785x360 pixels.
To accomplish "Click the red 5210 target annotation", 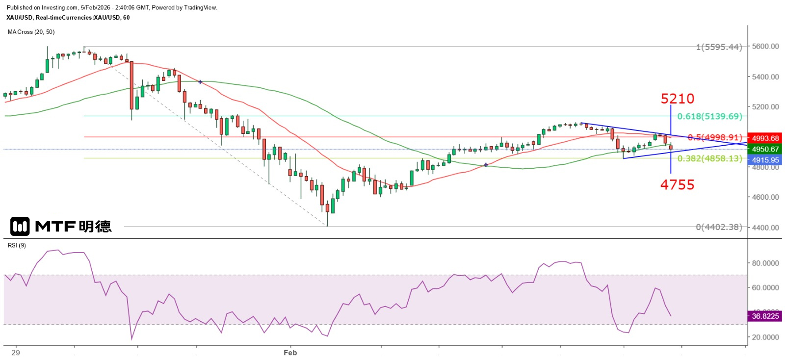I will (x=677, y=99).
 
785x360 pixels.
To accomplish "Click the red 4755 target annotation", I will (x=677, y=185).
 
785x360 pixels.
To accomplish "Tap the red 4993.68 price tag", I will (x=765, y=138).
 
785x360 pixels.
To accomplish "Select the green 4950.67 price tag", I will (x=765, y=149).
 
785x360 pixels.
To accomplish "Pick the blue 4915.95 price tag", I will (x=765, y=160).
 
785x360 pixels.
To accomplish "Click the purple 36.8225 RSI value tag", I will (x=765, y=316).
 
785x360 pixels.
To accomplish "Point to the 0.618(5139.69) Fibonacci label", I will (x=709, y=116).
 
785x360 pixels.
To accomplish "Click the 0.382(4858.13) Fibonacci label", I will (x=709, y=158).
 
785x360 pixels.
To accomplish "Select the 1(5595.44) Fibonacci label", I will (x=719, y=47).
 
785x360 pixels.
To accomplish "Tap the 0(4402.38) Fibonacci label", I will (x=719, y=227).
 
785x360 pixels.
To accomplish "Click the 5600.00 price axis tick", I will (x=765, y=47).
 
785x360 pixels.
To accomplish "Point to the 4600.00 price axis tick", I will (x=765, y=197).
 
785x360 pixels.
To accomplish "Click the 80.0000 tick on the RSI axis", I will (x=765, y=263).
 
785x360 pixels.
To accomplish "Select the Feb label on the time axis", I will (x=290, y=353).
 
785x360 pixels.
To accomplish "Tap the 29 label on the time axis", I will (x=16, y=353).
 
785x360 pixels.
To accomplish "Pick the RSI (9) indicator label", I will (x=17, y=245).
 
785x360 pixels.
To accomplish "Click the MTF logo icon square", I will (x=20, y=226).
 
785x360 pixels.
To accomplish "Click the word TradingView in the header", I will (x=200, y=7).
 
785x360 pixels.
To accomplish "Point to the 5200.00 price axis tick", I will (x=765, y=107).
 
